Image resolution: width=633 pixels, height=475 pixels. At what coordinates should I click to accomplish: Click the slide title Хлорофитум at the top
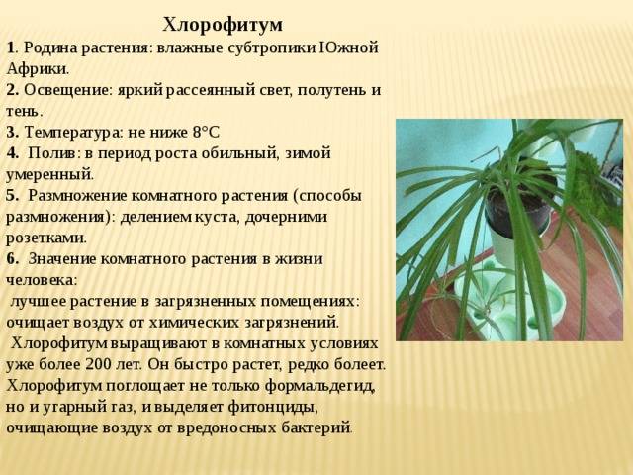coord(223,25)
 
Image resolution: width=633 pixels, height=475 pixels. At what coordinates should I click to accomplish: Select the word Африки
coord(38,69)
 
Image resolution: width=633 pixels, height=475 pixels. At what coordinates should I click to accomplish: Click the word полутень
coord(332,90)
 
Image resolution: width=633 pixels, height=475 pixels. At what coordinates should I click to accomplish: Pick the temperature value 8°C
coord(206,132)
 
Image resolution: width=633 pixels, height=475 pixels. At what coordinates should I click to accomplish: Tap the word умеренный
coord(49,175)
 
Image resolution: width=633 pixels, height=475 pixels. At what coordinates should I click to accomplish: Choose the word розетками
coord(46,238)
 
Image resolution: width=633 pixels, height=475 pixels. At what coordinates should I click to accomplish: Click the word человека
coord(42,280)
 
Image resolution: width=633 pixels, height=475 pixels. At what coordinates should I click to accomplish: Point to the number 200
coord(98,364)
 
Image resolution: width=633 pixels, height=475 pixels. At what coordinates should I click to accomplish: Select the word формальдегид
coord(320,386)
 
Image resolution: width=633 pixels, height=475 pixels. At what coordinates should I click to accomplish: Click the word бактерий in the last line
coord(316,428)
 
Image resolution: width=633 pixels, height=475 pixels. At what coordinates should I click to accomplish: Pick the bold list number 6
coord(12,259)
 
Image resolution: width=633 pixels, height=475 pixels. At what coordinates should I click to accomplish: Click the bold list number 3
coord(12,133)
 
